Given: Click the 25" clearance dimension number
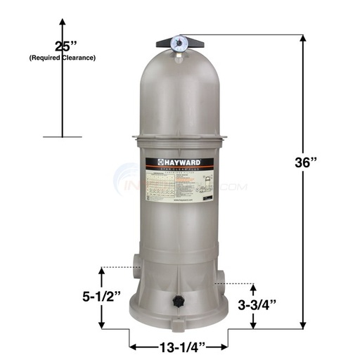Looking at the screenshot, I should [62, 48].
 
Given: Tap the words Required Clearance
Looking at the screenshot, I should [62, 58].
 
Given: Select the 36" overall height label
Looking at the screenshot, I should [306, 162].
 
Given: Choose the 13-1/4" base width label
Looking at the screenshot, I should [177, 346].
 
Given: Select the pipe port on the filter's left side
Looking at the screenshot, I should [134, 268].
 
